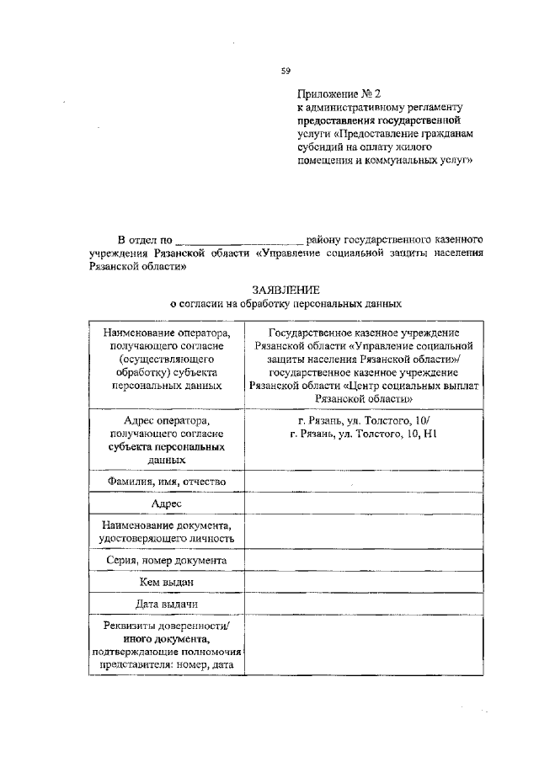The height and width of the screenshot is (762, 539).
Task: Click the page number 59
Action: pos(286,70)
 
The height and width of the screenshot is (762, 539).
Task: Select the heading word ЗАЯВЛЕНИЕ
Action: pos(286,290)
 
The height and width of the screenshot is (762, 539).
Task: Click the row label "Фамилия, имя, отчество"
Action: pos(167,481)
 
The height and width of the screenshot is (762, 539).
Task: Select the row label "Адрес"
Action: pos(167,503)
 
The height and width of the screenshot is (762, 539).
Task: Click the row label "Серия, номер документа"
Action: pos(167,560)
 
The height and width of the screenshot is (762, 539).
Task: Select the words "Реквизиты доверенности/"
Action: pos(167,626)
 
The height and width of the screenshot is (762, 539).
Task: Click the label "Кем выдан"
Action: pos(167,582)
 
